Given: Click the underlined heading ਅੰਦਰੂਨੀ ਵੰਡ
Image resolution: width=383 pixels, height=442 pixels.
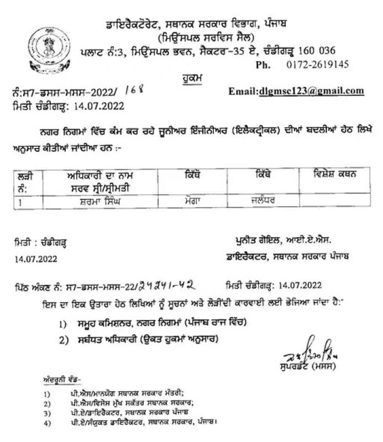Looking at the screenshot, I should tap(60, 381).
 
